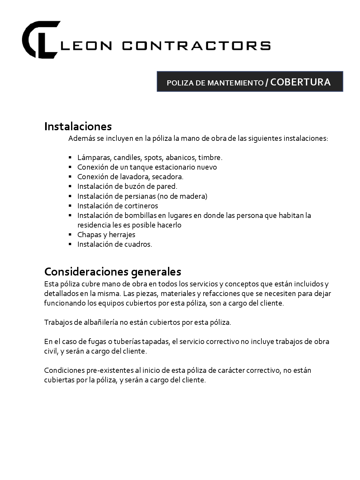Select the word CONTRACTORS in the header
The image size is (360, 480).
click(196, 45)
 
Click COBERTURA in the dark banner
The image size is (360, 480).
click(300, 82)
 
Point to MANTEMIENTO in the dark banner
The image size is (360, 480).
click(235, 83)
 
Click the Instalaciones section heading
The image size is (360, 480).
click(78, 126)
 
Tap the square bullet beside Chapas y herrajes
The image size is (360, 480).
click(70, 235)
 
